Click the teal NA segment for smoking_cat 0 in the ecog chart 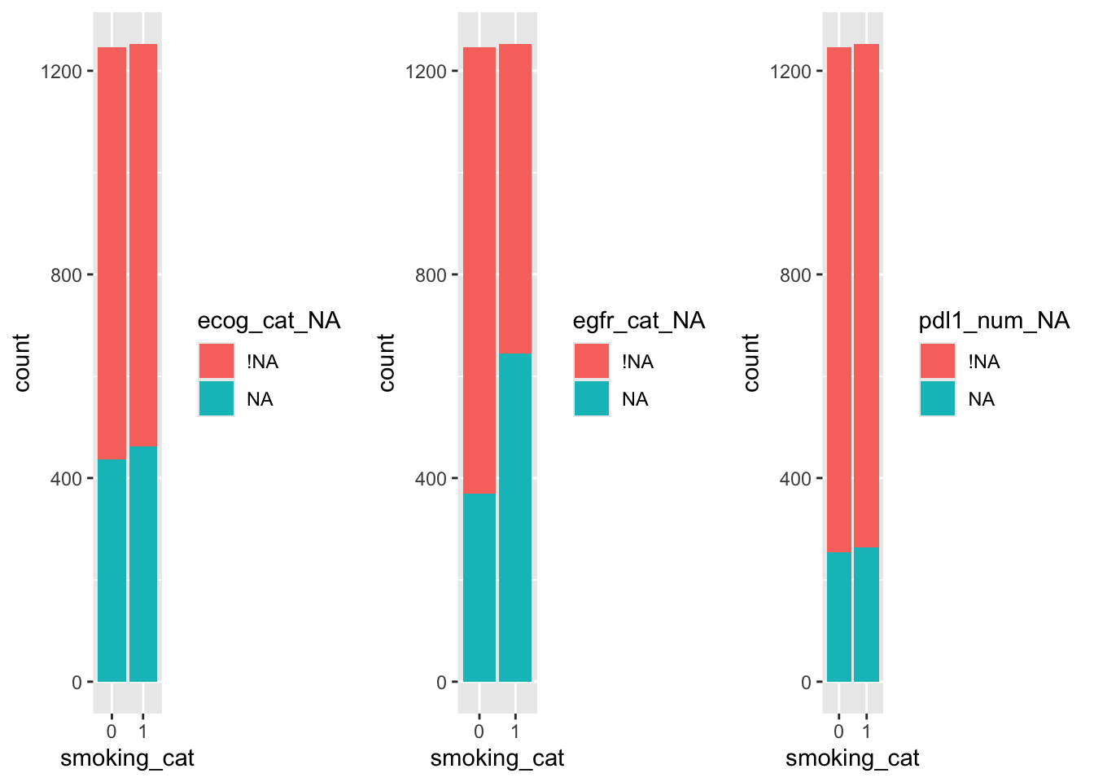(112, 570)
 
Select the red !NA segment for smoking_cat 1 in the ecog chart (143, 244)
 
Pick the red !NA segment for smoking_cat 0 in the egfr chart (479, 269)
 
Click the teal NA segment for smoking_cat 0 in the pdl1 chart (838, 617)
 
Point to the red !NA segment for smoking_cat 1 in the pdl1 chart (866, 293)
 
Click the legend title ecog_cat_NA (269, 321)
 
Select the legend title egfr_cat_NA (639, 321)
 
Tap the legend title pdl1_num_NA (994, 321)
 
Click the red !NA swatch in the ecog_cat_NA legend (217, 361)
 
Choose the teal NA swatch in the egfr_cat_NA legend (592, 398)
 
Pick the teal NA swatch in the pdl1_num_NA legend (938, 398)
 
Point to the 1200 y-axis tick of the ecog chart (61, 72)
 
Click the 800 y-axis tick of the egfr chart (431, 275)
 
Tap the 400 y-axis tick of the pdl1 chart (795, 479)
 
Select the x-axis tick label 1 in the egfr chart (514, 731)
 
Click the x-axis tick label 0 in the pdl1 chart (838, 731)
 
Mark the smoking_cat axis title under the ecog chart (128, 758)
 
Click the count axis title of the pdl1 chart (751, 362)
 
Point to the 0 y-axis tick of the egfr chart (441, 683)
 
